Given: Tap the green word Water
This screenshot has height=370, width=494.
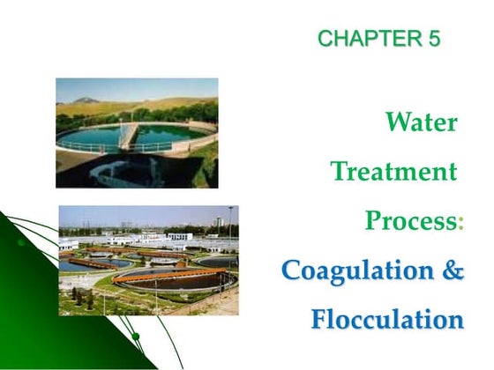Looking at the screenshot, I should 421,122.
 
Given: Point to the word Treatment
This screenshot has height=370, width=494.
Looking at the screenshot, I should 394,171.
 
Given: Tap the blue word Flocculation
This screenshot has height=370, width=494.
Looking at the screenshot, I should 386,319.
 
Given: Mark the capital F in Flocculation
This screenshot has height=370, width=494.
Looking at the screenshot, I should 319,319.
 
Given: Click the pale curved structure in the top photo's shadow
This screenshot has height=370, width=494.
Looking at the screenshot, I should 119,170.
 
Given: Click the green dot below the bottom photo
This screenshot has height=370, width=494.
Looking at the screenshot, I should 135,336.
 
